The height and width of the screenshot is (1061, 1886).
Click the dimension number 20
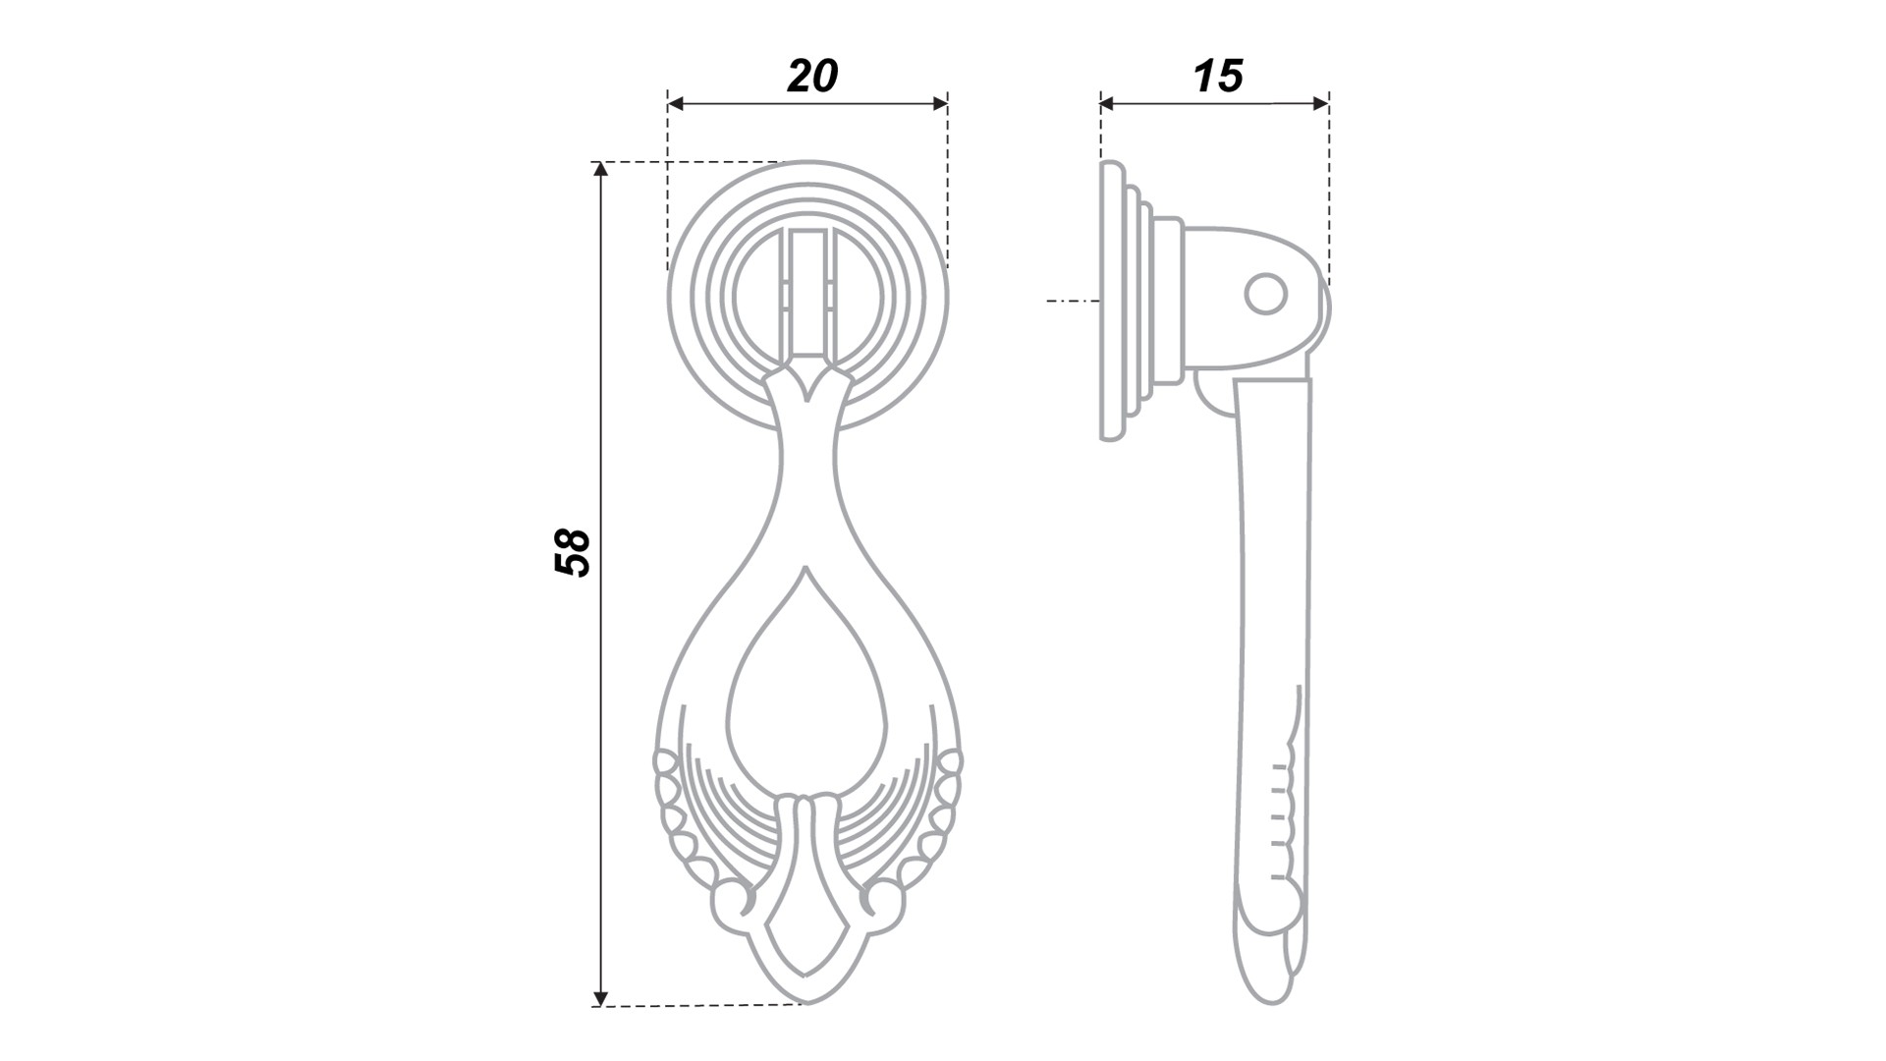click(812, 76)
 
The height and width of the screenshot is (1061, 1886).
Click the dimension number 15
click(1218, 76)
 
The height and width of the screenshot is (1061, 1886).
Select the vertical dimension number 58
click(572, 552)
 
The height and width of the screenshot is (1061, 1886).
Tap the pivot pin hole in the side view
click(1265, 294)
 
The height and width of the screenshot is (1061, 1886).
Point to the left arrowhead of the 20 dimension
click(675, 102)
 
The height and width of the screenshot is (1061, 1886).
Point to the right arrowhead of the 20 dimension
click(940, 102)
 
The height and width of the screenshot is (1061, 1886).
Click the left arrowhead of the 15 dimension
click(1108, 102)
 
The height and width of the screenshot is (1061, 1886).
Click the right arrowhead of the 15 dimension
click(1321, 102)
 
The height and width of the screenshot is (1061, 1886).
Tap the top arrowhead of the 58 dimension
click(601, 169)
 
